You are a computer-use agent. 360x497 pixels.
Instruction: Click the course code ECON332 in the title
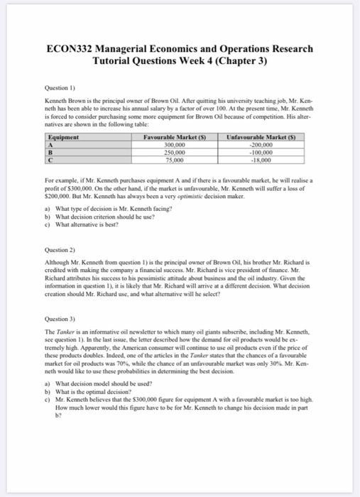[x=75, y=49]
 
